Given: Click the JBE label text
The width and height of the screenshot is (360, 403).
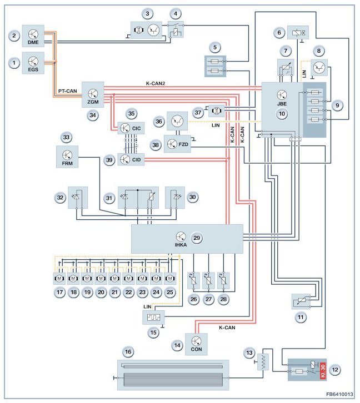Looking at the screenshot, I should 282,103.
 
